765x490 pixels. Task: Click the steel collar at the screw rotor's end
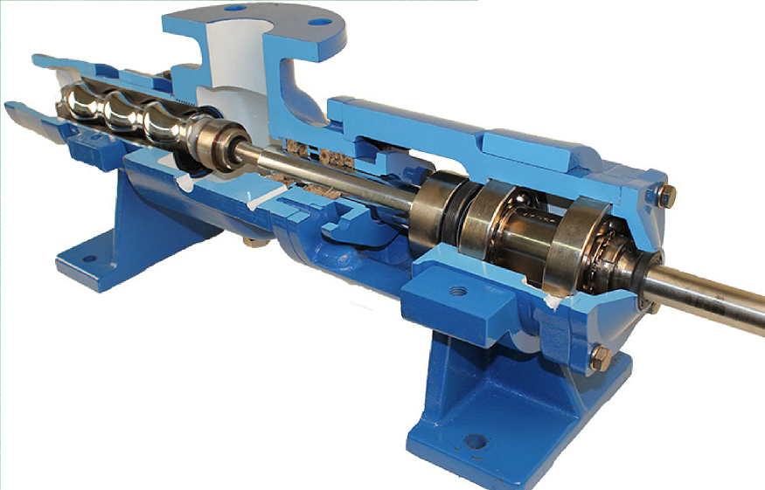point(212,140)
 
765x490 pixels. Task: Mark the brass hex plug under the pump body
point(251,237)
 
